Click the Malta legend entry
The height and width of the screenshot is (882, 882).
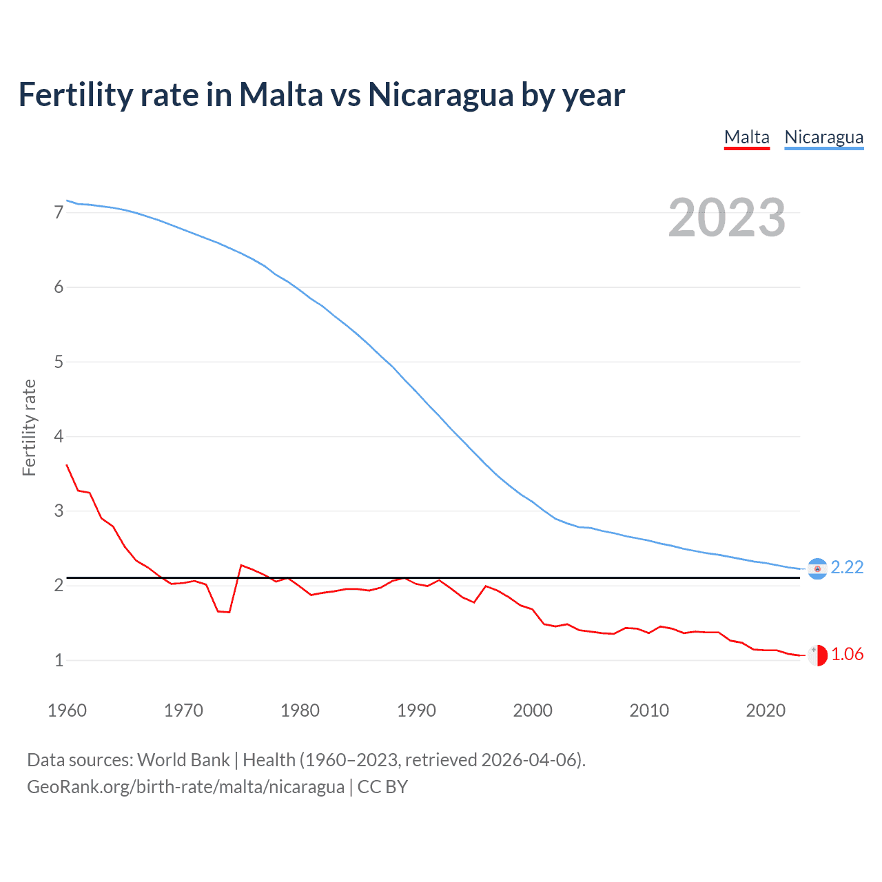(746, 137)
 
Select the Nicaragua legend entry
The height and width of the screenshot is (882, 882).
(823, 137)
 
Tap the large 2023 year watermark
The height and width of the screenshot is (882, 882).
(726, 218)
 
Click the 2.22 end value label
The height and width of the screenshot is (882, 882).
(847, 567)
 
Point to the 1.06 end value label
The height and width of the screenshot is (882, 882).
(847, 654)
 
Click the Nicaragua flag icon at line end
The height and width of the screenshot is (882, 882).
(817, 568)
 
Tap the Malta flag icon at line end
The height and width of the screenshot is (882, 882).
(817, 655)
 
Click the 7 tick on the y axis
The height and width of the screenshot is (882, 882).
(59, 212)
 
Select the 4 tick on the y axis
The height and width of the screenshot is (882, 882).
(59, 436)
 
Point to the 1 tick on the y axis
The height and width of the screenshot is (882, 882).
(59, 660)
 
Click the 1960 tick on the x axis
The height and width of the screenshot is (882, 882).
(67, 710)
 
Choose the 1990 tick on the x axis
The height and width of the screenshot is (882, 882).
(416, 710)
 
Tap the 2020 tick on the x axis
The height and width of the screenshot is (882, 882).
(766, 710)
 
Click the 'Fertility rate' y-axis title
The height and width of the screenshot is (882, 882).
(29, 427)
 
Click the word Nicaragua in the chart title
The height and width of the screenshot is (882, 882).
(440, 94)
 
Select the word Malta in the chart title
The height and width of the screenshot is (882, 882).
(280, 94)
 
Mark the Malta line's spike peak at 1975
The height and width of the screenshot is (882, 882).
(241, 565)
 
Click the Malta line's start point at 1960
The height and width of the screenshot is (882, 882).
(67, 465)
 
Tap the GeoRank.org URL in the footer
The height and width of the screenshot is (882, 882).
(185, 787)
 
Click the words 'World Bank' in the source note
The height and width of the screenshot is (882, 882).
(183, 760)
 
